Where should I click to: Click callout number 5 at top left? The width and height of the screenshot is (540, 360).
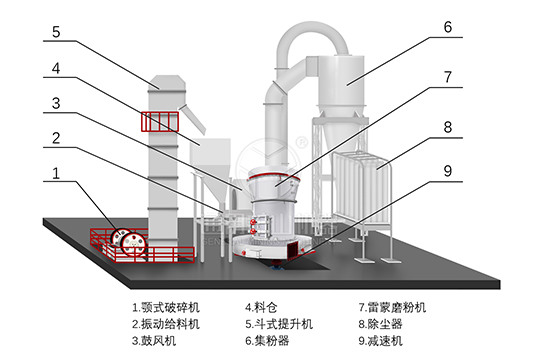[x=56, y=32]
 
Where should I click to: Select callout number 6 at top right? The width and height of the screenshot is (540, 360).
[x=447, y=27]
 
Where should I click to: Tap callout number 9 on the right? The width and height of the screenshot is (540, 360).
[x=447, y=171]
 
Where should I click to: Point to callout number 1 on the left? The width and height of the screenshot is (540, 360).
[x=56, y=173]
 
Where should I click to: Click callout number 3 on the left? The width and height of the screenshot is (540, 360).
[x=56, y=103]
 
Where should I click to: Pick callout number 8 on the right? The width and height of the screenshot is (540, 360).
[x=447, y=127]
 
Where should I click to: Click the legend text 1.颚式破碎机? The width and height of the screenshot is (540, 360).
[x=166, y=307]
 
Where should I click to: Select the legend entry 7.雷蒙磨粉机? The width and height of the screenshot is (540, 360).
[x=392, y=307]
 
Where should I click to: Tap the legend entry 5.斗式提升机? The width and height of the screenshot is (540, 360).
[x=279, y=324]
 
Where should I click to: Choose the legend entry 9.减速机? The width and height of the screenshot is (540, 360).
[x=381, y=341]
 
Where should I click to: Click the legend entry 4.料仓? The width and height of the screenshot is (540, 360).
[x=261, y=307]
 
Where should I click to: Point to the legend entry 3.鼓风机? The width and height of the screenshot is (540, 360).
[x=154, y=341]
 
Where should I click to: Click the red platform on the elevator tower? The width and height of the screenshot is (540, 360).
[x=160, y=122]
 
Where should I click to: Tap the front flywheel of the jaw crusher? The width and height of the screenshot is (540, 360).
[x=134, y=244]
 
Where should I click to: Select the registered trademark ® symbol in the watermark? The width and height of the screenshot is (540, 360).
[x=302, y=142]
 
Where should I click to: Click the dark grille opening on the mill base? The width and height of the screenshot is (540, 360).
[x=293, y=249]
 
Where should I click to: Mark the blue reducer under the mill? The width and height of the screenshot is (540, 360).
[x=277, y=265]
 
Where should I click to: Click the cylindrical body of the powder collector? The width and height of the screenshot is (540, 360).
[x=341, y=80]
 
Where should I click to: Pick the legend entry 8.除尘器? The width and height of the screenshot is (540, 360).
[x=381, y=324]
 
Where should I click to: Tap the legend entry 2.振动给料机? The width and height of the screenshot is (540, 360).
[x=166, y=324]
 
